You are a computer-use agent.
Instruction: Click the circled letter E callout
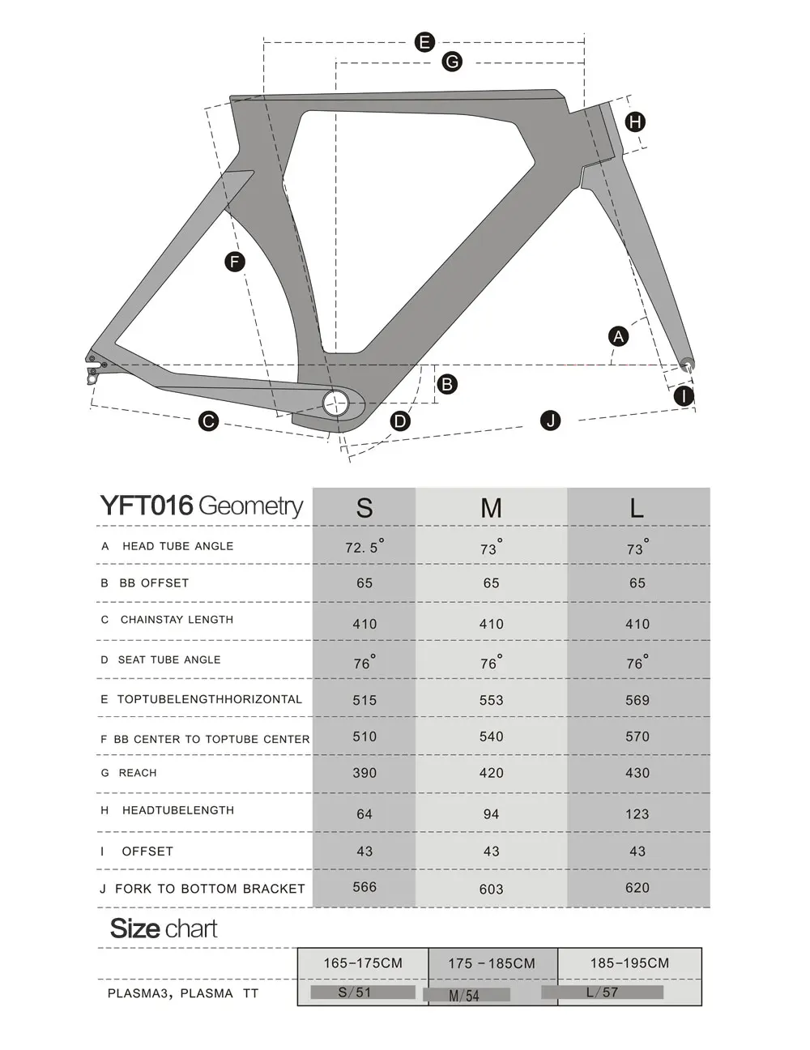(x=424, y=42)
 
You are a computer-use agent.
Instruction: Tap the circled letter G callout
(x=452, y=62)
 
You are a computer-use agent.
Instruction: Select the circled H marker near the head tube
(x=635, y=122)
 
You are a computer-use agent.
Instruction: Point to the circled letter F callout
(x=235, y=261)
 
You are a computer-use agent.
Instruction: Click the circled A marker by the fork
(x=619, y=335)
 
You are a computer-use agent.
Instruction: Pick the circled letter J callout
(x=551, y=420)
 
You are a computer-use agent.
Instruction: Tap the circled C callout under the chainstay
(x=209, y=420)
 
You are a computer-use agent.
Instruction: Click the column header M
(x=491, y=508)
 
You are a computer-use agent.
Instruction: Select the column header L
(x=637, y=508)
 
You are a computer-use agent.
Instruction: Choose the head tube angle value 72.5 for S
(x=364, y=547)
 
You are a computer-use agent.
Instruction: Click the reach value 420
(x=491, y=773)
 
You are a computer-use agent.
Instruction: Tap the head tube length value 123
(x=637, y=814)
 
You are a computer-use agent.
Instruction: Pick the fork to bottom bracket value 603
(x=491, y=889)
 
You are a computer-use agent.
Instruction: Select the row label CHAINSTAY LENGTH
(x=177, y=620)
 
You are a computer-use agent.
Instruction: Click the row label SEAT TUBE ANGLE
(x=169, y=659)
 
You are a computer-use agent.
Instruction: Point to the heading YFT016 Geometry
(x=202, y=506)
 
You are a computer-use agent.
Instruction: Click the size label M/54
(x=465, y=996)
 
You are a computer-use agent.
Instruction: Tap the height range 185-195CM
(x=629, y=963)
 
